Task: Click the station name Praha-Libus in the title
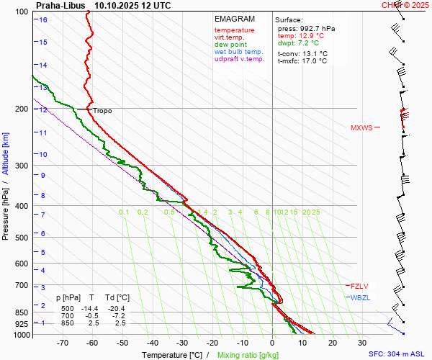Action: (60, 5)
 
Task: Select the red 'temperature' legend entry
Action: (234, 30)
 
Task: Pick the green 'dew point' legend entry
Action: (230, 45)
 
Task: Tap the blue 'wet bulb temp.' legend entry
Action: (238, 52)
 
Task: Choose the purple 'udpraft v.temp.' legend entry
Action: (240, 60)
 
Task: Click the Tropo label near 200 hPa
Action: (102, 111)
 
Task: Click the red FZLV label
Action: (359, 286)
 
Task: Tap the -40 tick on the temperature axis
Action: (153, 343)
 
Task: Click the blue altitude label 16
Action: (43, 20)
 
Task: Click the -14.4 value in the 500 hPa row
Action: (91, 307)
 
